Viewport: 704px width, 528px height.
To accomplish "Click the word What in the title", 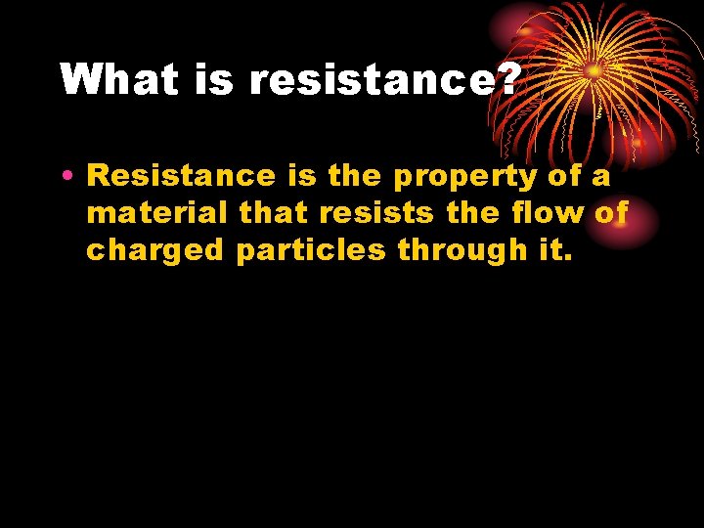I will (118, 80).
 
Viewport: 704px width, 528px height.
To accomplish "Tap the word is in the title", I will (214, 80).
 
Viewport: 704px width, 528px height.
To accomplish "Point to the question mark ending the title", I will (507, 80).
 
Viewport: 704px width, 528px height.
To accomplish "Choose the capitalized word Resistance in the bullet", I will (182, 177).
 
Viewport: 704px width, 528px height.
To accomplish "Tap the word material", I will (158, 214).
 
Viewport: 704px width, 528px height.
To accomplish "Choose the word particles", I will (313, 250).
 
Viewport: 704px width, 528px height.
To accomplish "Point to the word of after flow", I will (610, 213).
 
